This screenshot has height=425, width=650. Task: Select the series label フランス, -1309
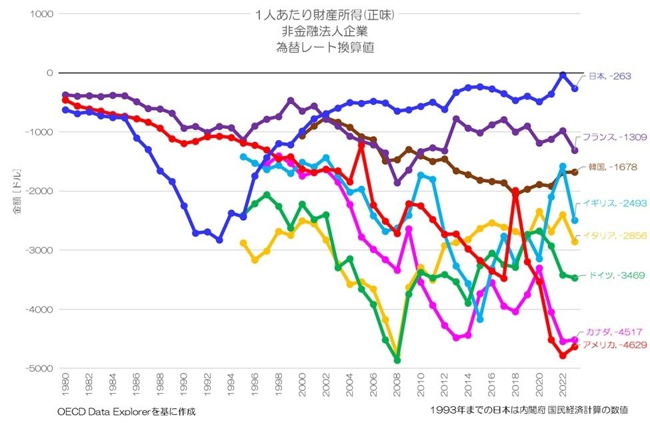614,137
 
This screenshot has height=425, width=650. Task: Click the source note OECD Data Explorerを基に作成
122,411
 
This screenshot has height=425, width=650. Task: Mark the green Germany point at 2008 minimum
397,360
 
